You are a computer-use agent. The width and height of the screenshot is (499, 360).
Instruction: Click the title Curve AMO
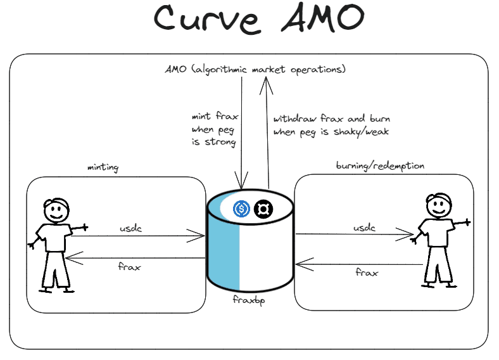[259, 20]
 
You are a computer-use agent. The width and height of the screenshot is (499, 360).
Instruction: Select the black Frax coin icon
[263, 208]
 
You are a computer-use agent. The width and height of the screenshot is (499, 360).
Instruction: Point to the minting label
[103, 167]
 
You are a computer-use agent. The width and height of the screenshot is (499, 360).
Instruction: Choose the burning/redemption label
[379, 166]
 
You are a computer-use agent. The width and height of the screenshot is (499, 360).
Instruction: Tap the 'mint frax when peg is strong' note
[213, 129]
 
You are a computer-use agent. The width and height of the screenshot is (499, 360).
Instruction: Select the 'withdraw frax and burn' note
[331, 125]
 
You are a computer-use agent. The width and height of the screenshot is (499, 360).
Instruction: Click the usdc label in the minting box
[130, 228]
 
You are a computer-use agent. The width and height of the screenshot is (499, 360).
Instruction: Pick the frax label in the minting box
[130, 266]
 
